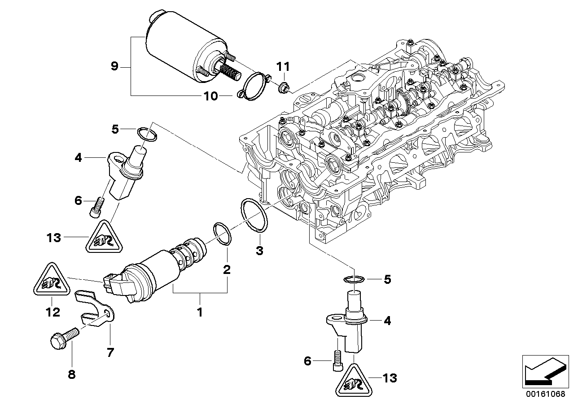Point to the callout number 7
[x=110, y=352]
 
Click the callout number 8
[x=71, y=374]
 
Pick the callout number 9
[x=114, y=67]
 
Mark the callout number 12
[x=53, y=312]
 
